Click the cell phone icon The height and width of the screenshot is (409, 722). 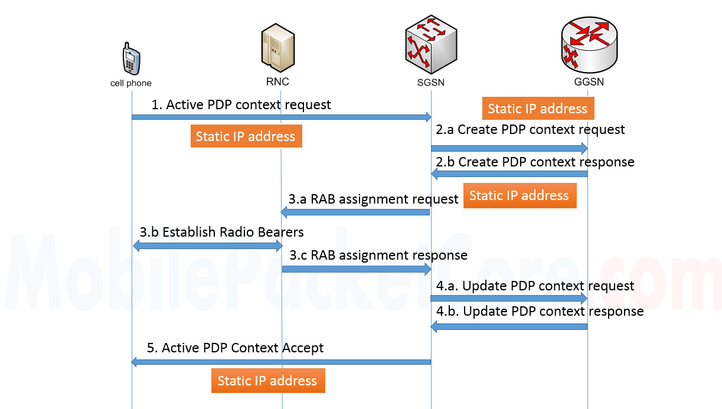click(x=131, y=58)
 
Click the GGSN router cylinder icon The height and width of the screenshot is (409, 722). click(x=589, y=45)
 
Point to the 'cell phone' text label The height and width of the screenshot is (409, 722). click(x=131, y=83)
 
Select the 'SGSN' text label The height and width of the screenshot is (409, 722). click(x=430, y=83)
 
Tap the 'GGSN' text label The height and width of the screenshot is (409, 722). click(x=589, y=82)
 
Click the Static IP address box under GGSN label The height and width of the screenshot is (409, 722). click(x=537, y=109)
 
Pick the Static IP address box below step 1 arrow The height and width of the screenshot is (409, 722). click(x=246, y=136)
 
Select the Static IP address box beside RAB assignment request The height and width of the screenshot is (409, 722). click(x=519, y=196)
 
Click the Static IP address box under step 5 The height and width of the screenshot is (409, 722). click(x=267, y=381)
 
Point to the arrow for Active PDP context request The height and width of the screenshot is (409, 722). click(x=281, y=117)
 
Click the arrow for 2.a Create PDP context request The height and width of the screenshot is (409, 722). click(x=509, y=147)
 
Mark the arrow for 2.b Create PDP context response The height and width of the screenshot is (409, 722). click(x=509, y=174)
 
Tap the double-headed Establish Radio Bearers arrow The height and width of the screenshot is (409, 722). click(x=207, y=247)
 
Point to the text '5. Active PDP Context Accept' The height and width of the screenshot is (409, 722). click(x=235, y=348)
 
